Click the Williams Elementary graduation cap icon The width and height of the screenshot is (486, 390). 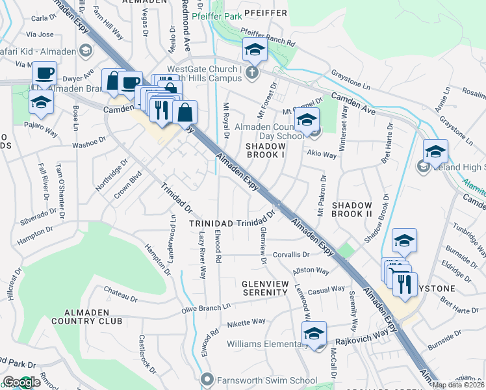click(x=314, y=333)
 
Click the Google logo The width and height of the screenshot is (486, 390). click(x=21, y=383)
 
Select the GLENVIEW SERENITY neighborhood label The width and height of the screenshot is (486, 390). click(x=264, y=288)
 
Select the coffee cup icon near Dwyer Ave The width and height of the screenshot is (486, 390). click(x=44, y=72)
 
